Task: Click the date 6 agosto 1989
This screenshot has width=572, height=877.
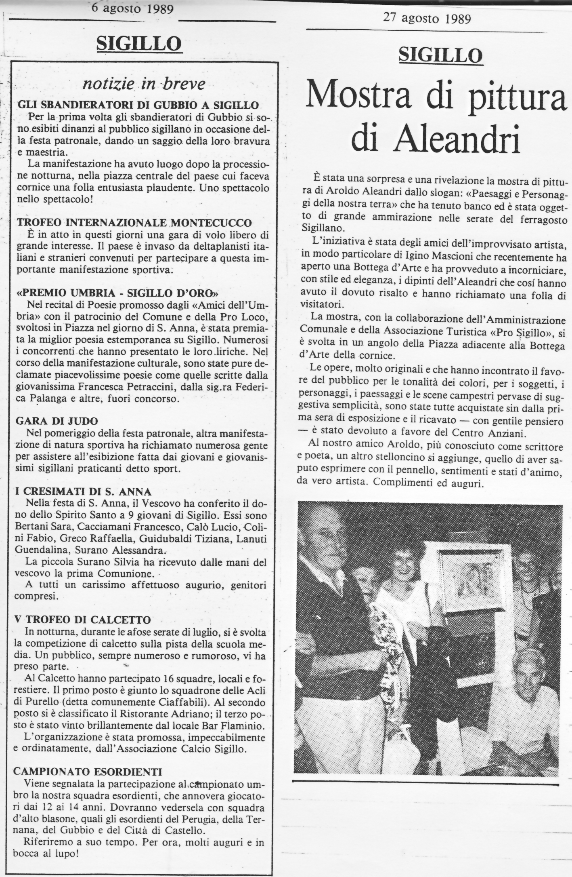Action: (132, 8)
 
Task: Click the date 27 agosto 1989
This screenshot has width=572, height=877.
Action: (427, 19)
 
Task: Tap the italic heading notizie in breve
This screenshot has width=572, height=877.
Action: (144, 84)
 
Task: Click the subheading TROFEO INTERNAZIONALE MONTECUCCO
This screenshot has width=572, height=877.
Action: (134, 223)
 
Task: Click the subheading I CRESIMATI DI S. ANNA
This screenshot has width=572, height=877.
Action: (83, 491)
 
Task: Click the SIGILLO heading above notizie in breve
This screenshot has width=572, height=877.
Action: (139, 44)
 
